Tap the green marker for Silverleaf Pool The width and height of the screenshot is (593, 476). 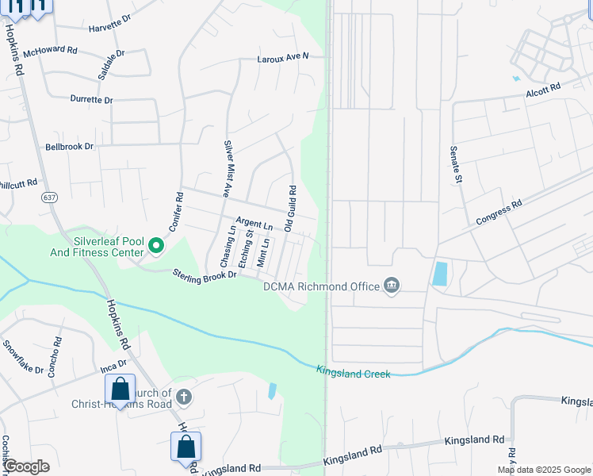[155, 247]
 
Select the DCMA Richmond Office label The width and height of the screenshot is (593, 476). [321, 286]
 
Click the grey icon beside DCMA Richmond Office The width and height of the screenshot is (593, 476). [390, 285]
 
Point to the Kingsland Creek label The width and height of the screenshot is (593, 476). [353, 371]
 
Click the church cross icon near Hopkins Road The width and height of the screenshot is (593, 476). [183, 397]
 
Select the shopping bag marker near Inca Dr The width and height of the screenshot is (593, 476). [120, 390]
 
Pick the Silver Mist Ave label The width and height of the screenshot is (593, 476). [227, 168]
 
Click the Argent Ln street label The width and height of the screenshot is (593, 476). [254, 225]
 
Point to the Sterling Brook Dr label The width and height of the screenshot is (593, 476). [205, 274]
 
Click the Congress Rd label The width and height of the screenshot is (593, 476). [499, 212]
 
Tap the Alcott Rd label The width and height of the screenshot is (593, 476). [543, 90]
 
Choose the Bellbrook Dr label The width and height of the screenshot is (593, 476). [69, 147]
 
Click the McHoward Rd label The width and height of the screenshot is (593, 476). [50, 51]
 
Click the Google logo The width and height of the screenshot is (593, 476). [26, 466]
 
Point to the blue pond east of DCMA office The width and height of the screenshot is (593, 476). [439, 274]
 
